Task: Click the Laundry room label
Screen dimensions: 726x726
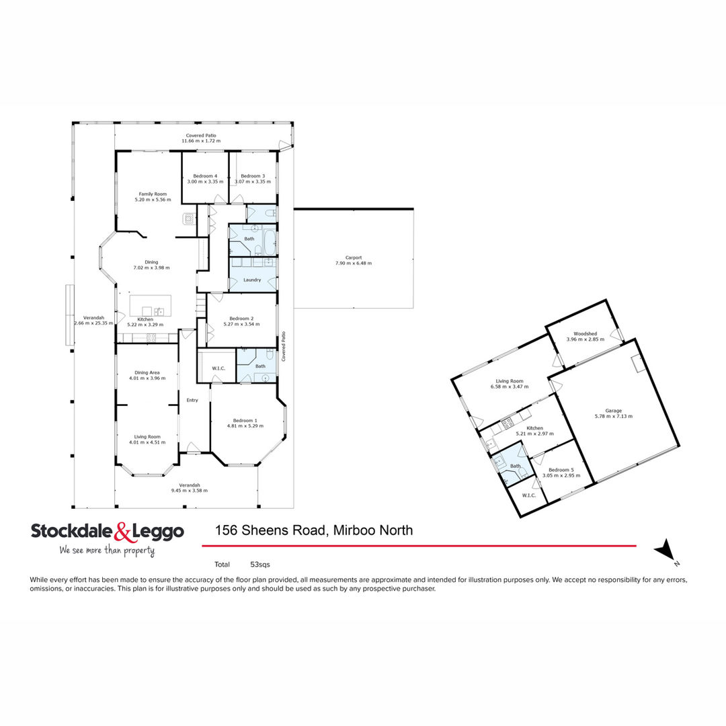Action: tap(252, 280)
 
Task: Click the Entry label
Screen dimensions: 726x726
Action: tap(192, 400)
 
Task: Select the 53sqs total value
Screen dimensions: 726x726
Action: tap(259, 565)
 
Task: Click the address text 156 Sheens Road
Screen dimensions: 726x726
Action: tap(272, 530)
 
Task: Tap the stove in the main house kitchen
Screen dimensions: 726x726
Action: tap(151, 338)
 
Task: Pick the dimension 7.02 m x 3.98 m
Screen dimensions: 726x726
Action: tap(151, 268)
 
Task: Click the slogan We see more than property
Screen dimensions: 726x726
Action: tap(107, 550)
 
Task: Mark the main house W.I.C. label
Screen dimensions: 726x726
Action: tap(218, 368)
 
